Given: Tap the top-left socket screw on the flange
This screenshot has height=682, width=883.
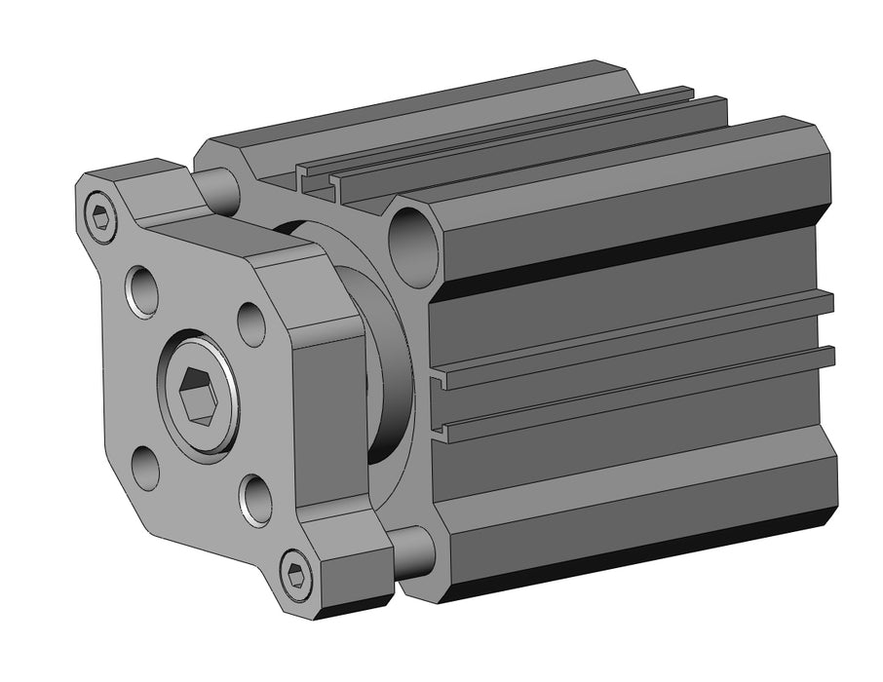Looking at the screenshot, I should pyautogui.click(x=100, y=216).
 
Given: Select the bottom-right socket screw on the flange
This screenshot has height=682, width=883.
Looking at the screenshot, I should pyautogui.click(x=295, y=574).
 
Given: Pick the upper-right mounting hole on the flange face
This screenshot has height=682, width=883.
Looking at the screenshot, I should pyautogui.click(x=251, y=324).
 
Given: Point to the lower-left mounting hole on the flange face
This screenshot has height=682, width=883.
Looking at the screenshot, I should pyautogui.click(x=146, y=469).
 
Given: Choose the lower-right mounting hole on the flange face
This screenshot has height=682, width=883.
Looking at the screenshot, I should pyautogui.click(x=255, y=500).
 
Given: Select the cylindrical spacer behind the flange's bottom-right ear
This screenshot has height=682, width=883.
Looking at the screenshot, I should pyautogui.click(x=415, y=550).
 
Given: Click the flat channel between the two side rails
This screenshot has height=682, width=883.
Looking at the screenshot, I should pyautogui.click(x=633, y=368).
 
